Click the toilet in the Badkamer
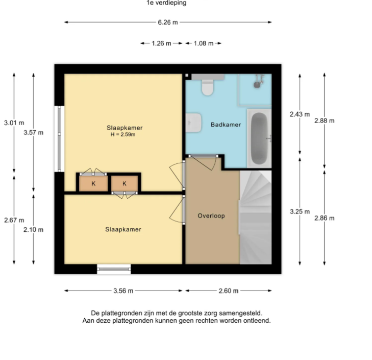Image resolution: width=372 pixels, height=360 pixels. [x=208, y=85]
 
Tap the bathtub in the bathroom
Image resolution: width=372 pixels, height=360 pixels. [x=259, y=138]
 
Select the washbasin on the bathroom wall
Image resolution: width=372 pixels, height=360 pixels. [x=193, y=123]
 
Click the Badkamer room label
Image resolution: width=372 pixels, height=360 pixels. [x=226, y=125]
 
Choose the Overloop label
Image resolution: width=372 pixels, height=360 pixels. [x=211, y=216]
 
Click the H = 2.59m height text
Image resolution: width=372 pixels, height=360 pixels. [x=123, y=135]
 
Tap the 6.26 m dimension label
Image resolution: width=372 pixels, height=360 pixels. [x=168, y=22]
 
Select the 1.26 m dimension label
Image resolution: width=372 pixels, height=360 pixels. [x=161, y=43]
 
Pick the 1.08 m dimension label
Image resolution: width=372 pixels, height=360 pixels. [x=204, y=43]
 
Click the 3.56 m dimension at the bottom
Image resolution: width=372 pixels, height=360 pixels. [x=123, y=291]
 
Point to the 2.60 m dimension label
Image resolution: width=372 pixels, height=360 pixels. [x=229, y=291]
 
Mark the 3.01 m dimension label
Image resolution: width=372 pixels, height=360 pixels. [x=14, y=123]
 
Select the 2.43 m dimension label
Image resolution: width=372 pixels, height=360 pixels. [x=300, y=114]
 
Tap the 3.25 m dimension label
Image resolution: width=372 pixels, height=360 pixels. [x=300, y=211]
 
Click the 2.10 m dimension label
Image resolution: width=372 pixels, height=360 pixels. [x=34, y=230]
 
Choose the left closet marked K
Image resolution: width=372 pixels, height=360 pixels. [x=93, y=183]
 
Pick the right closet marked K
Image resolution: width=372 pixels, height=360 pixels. [x=125, y=183]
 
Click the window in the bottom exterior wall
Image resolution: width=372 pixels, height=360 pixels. [x=114, y=269]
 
